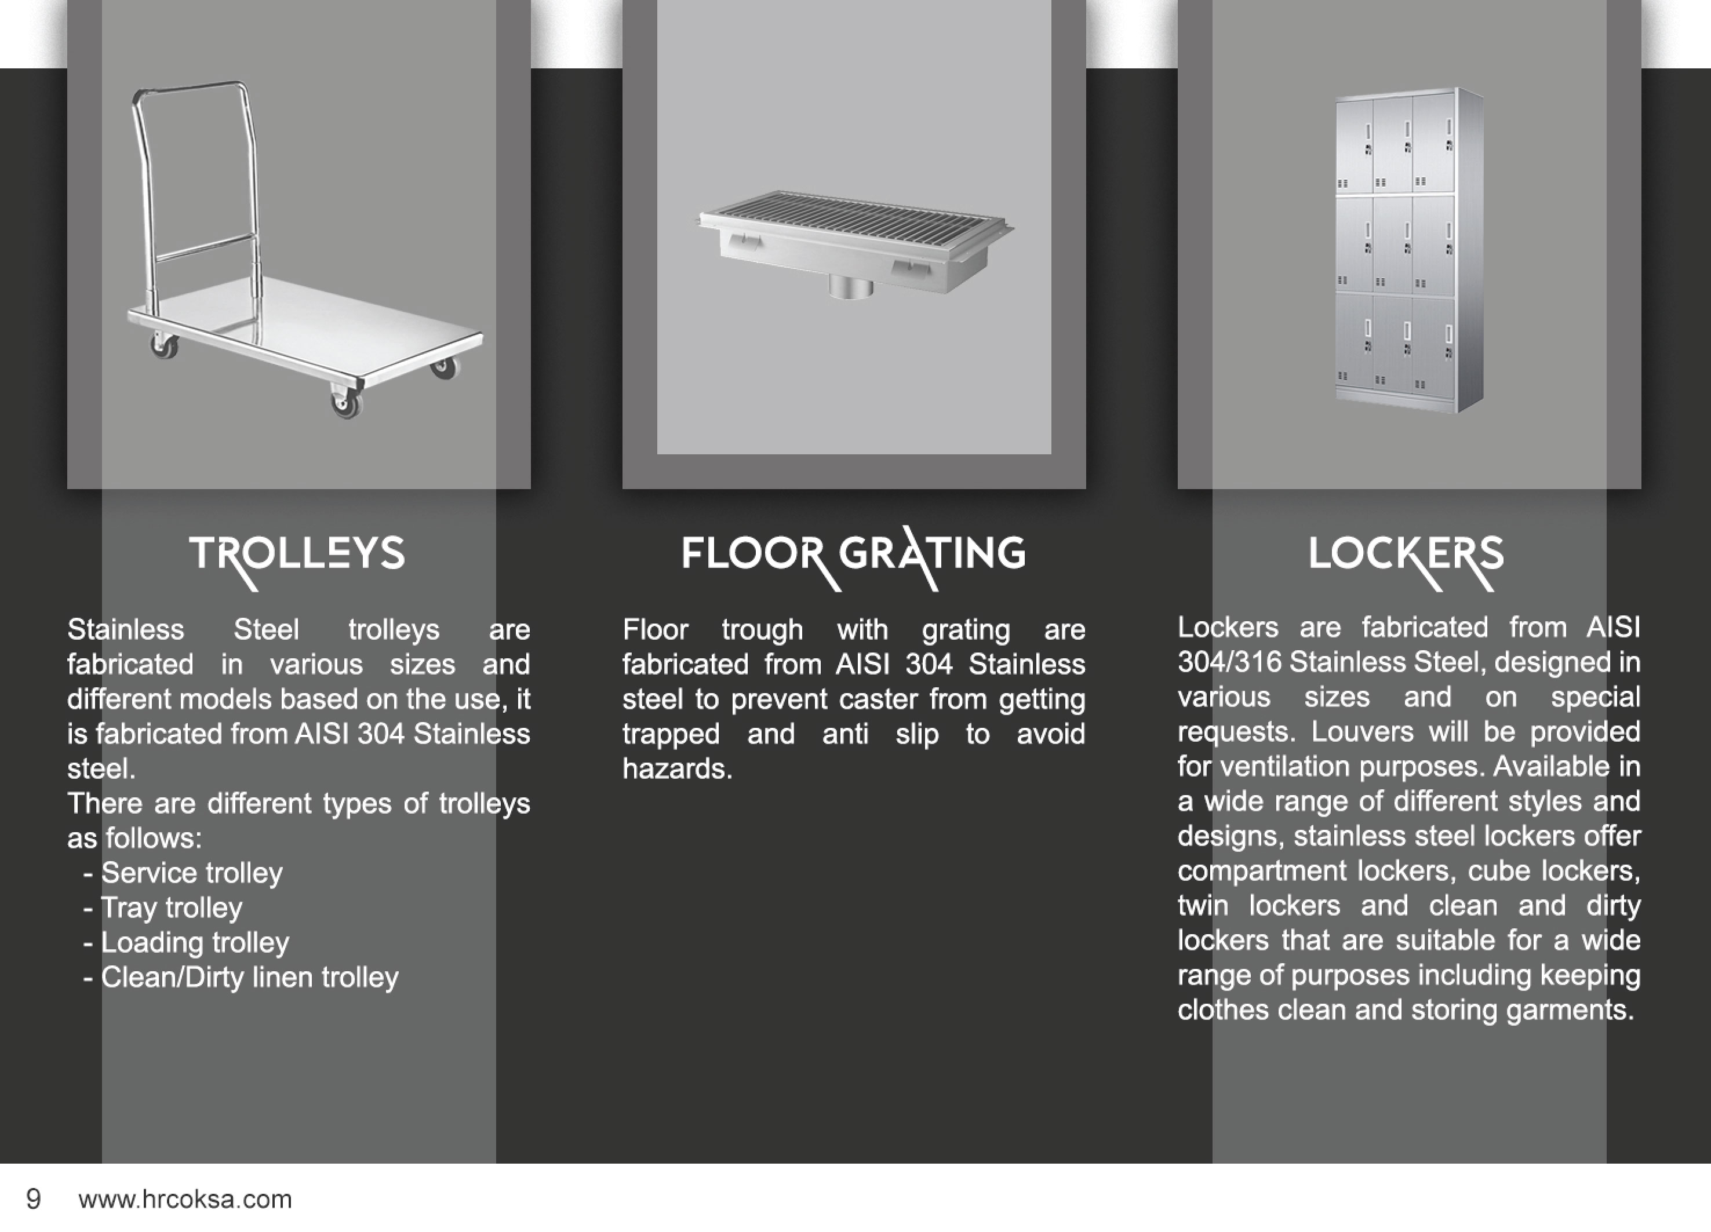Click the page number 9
click(x=33, y=1199)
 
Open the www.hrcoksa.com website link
click(x=185, y=1199)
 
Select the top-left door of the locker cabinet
click(x=1353, y=145)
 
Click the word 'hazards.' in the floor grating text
click(x=678, y=769)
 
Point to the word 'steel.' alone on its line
click(x=101, y=769)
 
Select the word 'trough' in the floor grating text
click(x=762, y=630)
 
